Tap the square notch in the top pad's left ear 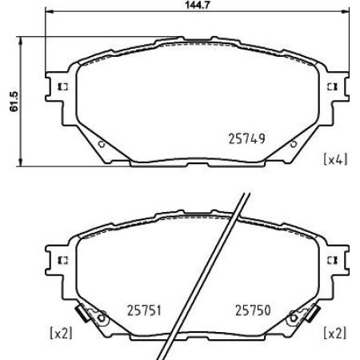63,86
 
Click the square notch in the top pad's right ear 330,86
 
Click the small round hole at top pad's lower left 100,144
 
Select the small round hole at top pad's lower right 294,144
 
